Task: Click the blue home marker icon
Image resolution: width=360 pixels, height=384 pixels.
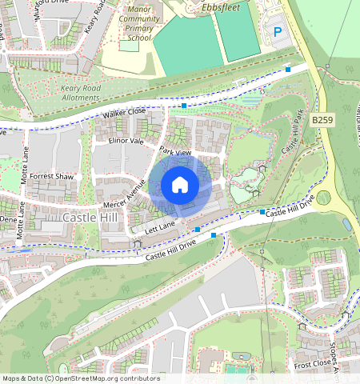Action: pos(180,186)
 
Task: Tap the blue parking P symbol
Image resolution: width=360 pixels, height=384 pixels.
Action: pos(278,32)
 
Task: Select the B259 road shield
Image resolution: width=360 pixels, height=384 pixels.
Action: pos(322,119)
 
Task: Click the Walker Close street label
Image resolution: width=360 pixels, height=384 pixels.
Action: pos(124,115)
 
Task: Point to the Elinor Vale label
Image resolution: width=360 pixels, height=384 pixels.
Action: pos(126,141)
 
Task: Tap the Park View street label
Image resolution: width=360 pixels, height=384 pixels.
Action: pos(175,151)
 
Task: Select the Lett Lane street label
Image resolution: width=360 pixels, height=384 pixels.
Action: pos(159,229)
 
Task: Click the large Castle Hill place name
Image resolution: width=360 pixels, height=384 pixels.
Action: pos(91,217)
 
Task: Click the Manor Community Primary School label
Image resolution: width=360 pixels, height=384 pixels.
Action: pos(138,22)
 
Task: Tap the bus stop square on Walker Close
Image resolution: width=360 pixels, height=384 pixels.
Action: pos(184,105)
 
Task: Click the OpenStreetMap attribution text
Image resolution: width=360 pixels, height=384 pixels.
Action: pos(81,378)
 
